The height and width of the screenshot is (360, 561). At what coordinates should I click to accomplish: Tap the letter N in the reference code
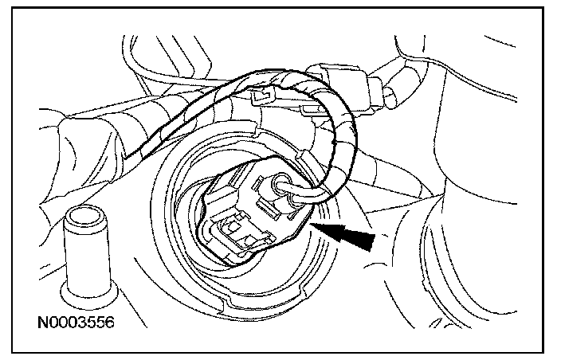pyautogui.click(x=43, y=324)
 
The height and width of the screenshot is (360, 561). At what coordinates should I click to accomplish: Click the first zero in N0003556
pyautogui.click(x=53, y=324)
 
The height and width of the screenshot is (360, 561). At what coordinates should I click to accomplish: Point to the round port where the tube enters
pyautogui.click(x=280, y=188)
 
